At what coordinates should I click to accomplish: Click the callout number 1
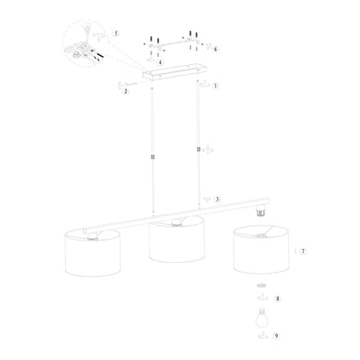[215, 86]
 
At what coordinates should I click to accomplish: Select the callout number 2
[125, 92]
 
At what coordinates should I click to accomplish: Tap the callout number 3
[217, 199]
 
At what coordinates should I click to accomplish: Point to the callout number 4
[160, 62]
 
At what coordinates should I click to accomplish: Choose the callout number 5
[116, 34]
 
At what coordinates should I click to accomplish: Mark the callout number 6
[215, 49]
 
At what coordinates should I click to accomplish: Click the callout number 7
[303, 252]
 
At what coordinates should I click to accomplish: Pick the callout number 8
[278, 299]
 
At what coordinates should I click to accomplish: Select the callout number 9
[276, 336]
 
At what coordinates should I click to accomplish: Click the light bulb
[262, 318]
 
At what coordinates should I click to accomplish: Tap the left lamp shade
[93, 253]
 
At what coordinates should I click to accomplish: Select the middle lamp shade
[177, 239]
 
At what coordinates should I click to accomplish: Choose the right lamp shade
[261, 249]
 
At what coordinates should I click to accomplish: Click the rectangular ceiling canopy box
[175, 72]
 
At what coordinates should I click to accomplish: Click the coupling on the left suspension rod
[153, 157]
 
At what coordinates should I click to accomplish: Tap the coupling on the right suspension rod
[198, 149]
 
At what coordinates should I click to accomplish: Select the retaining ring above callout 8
[261, 286]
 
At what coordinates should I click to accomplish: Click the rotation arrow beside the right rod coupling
[208, 150]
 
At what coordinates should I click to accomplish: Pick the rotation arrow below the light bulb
[262, 336]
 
